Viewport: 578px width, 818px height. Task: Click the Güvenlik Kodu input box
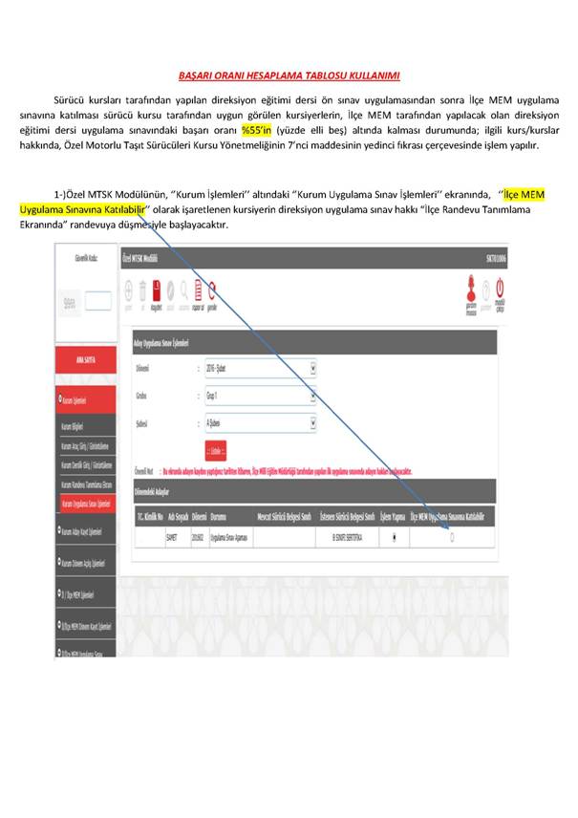[x=98, y=302]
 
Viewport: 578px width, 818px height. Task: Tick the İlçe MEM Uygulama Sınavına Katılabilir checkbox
[x=452, y=537]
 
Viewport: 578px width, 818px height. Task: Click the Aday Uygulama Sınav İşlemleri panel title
[x=157, y=341]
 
